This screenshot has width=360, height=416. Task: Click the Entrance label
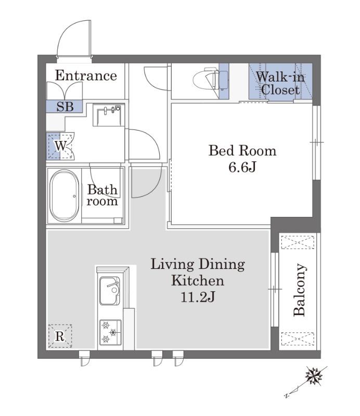tap(86, 75)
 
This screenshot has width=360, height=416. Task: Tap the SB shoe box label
tap(65, 107)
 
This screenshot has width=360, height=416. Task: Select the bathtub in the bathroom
tap(65, 196)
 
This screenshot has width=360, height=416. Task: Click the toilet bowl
tap(207, 78)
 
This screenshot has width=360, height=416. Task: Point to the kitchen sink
tap(109, 291)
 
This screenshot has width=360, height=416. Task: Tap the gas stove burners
tap(110, 332)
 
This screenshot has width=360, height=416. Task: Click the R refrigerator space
tap(60, 336)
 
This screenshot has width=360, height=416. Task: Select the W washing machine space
tap(60, 146)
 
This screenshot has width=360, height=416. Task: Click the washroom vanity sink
tap(109, 115)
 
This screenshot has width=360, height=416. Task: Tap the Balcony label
tap(300, 290)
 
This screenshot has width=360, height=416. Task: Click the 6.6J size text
tap(242, 167)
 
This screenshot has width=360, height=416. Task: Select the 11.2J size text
tap(198, 297)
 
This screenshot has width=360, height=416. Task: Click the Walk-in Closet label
tap(280, 83)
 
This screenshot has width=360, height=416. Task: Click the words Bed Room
tap(242, 150)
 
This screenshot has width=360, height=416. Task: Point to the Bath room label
tap(102, 195)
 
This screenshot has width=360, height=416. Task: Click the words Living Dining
tap(198, 265)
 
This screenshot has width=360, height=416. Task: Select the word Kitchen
tap(198, 281)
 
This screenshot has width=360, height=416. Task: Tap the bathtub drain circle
tap(74, 197)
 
